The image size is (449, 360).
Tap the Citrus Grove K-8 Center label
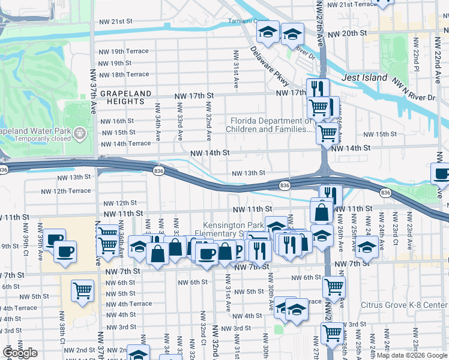coord(404,305)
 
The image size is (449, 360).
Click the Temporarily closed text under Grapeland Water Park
coord(36,138)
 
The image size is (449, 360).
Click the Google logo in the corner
coord(20,353)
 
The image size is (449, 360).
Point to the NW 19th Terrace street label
coord(124,51)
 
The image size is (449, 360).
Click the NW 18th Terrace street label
coord(124,74)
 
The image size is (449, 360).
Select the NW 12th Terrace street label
coord(65,191)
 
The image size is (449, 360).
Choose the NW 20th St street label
coord(348,34)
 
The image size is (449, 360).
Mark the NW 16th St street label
coord(118,121)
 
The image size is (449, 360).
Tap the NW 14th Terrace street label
coord(126,144)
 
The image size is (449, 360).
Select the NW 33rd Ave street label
coord(179,119)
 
